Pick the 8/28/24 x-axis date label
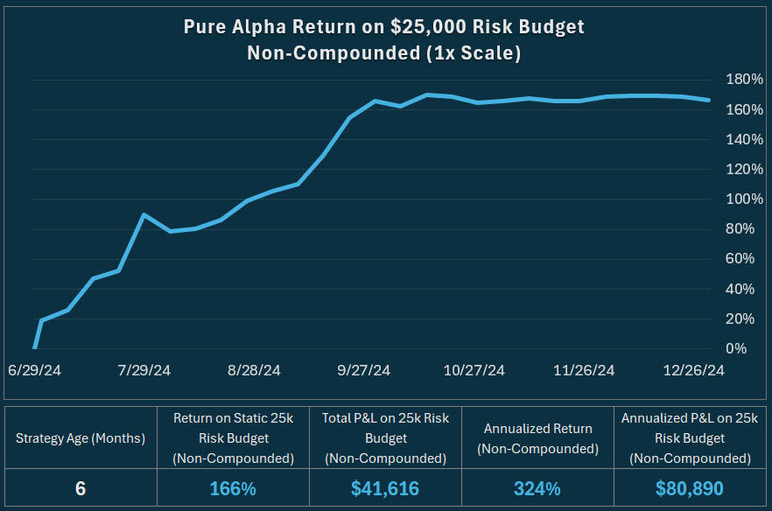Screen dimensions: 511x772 coord(254,370)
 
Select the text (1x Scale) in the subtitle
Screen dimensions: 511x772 coord(474,53)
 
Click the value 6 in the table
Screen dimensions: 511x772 coord(80,488)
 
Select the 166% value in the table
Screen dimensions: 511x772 coord(233,488)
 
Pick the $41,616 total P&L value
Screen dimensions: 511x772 coord(386,488)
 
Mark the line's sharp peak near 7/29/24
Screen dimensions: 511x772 coord(144,214)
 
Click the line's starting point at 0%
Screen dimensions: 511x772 coord(34,347)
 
